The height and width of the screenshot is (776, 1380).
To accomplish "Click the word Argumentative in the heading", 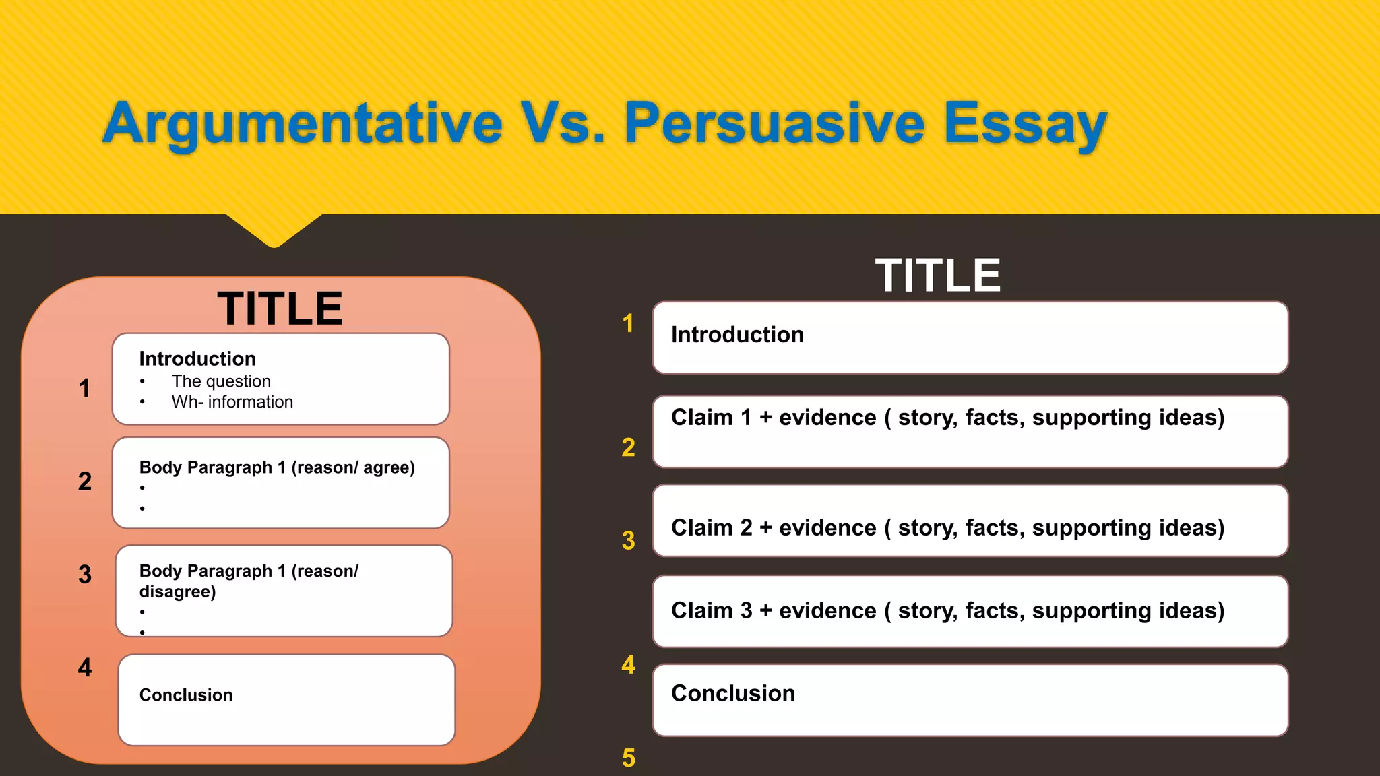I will tap(303, 123).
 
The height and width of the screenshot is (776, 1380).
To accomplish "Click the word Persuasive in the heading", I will tap(775, 123).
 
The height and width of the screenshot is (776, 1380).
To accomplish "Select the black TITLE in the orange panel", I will tap(280, 309).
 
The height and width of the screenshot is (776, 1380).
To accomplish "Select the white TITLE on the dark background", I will tap(937, 276).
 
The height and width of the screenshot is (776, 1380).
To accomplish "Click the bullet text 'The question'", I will tap(221, 381).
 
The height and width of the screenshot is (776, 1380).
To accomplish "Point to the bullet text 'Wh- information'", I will tap(232, 402).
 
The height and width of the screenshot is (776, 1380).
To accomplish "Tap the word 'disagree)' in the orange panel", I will tap(177, 591).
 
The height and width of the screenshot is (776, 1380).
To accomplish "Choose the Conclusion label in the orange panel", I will tap(186, 695).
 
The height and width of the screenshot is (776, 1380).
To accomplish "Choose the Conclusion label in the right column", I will tap(733, 693).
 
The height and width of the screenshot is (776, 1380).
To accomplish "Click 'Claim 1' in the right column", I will tap(711, 418).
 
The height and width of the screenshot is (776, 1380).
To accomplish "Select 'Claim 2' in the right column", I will tap(711, 528).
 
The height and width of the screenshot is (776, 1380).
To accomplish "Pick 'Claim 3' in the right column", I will tap(711, 610).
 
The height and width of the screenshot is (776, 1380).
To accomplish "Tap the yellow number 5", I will tap(628, 758).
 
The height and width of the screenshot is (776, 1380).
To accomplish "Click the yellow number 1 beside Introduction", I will tap(628, 324).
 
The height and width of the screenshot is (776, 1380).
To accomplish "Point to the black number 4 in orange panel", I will tap(85, 668).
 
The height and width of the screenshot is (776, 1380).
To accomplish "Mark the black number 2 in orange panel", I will tap(85, 482).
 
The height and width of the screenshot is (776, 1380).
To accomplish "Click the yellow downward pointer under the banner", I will tap(274, 229).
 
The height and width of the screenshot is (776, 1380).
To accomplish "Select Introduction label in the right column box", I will tap(737, 335).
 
